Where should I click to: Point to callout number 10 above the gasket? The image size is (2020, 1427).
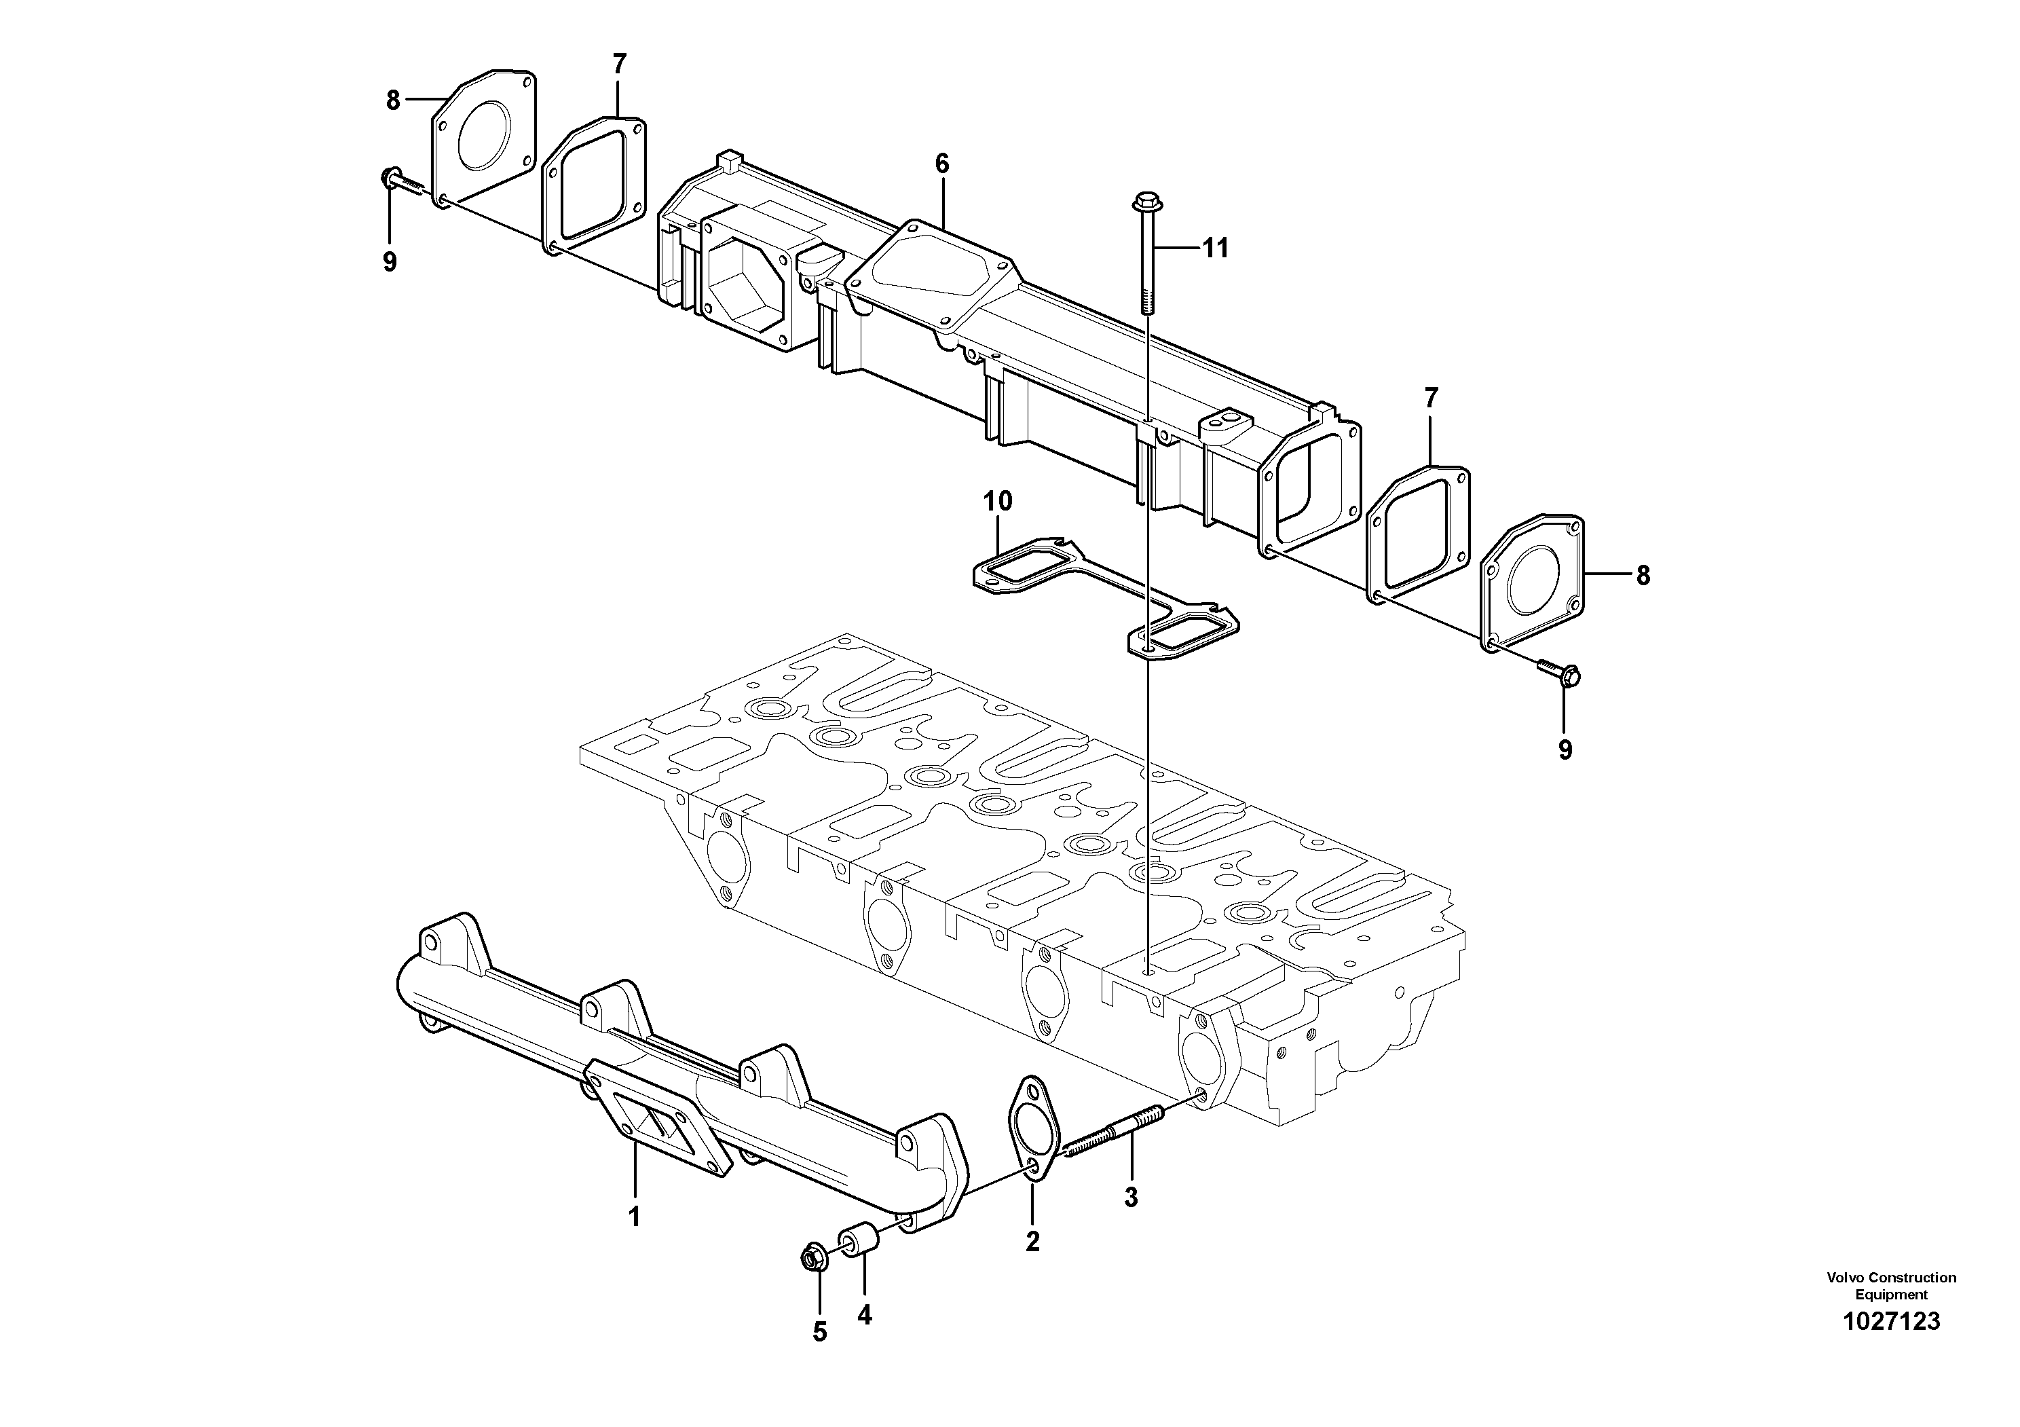pyautogui.click(x=998, y=502)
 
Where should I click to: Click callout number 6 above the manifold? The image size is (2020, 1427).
pyautogui.click(x=942, y=163)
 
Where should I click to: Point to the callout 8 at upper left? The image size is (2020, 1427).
pyautogui.click(x=392, y=100)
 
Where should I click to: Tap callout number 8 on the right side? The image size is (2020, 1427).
pyautogui.click(x=1643, y=576)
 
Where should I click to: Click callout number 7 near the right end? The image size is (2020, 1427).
pyautogui.click(x=1431, y=399)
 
